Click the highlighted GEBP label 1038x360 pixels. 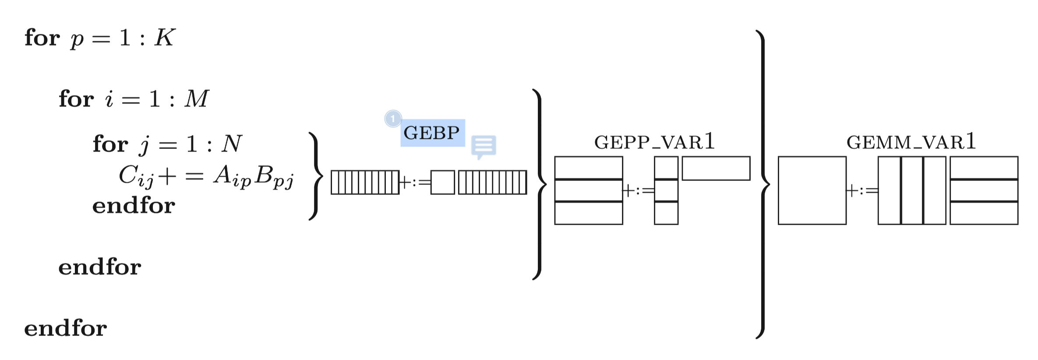coord(432,133)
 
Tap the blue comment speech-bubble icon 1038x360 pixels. coord(484,146)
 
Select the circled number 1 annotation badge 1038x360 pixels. coord(393,119)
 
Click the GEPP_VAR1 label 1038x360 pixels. coord(654,142)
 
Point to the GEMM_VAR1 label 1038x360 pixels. coord(911,142)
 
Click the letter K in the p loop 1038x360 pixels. coord(165,38)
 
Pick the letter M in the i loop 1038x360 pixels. coord(197,99)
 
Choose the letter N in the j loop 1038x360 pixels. coord(232,144)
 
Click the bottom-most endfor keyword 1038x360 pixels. coord(66,328)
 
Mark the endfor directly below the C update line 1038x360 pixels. coord(134,205)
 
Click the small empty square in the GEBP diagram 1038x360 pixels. coord(442,182)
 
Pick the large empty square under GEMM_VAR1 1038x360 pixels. coord(812,191)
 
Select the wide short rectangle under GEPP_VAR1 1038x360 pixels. coord(716,168)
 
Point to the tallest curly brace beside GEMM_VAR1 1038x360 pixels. coord(763,184)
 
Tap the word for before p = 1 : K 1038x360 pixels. coord(42,38)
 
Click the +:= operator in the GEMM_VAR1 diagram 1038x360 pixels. coord(862,191)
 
